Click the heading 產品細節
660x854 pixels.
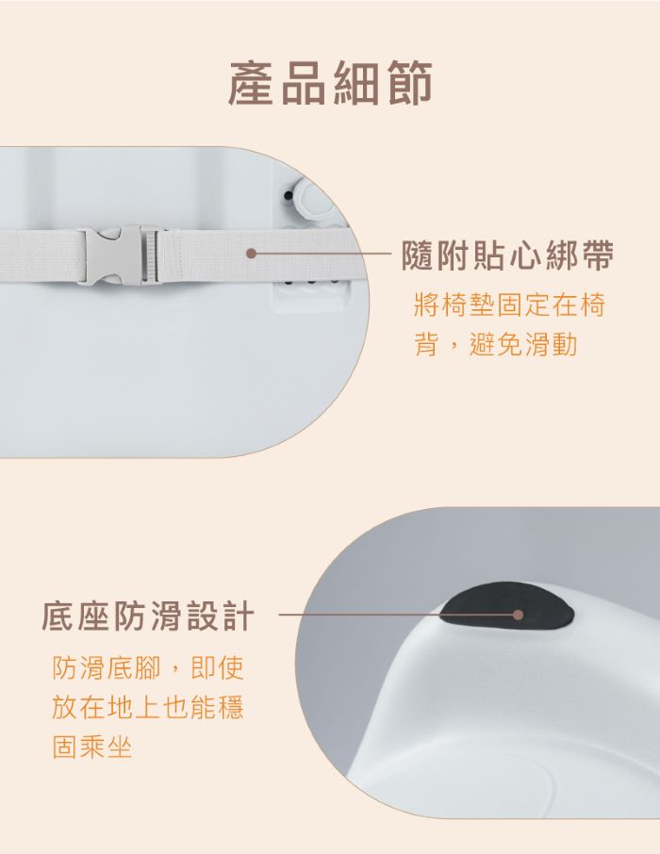(x=330, y=82)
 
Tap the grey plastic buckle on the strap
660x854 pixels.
(x=118, y=255)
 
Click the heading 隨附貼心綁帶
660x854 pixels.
(x=508, y=255)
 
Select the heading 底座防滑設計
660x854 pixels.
(x=148, y=616)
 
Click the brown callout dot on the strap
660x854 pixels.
(x=251, y=254)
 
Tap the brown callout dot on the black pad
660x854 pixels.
(x=519, y=615)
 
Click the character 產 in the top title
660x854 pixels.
(x=251, y=83)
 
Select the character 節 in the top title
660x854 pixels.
(x=409, y=83)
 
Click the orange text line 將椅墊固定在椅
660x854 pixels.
(x=509, y=305)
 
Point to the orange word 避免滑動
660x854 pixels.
(x=522, y=344)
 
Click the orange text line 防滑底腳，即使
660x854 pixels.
(x=148, y=667)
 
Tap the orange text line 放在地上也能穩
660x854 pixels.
(x=148, y=707)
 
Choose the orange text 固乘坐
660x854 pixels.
(x=92, y=747)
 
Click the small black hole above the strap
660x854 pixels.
(x=289, y=195)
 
